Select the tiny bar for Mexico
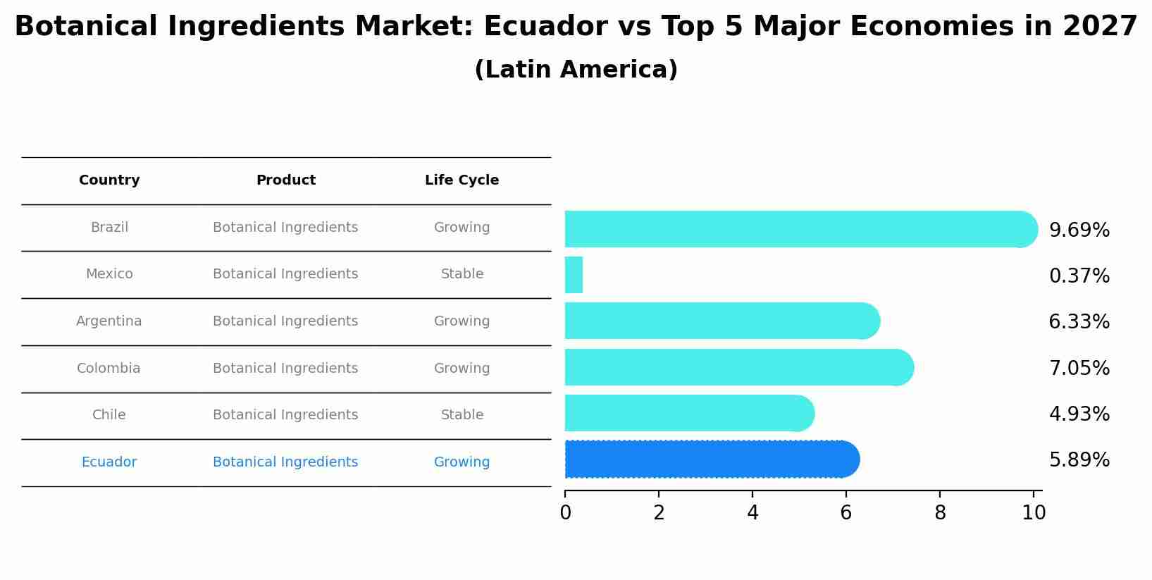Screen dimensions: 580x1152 (x=574, y=275)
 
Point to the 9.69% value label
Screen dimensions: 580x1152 (x=1079, y=230)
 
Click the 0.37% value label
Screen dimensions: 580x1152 (x=1079, y=276)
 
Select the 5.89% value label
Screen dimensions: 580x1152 (x=1079, y=460)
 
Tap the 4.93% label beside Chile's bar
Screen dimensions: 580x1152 (x=1079, y=414)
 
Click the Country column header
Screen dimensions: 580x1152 (x=109, y=180)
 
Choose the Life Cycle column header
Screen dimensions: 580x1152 (x=462, y=180)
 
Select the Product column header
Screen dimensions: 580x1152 (x=285, y=180)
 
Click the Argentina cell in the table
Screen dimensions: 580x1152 (x=109, y=321)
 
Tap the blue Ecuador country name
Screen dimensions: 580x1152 (x=109, y=462)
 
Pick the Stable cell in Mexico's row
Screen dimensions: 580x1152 (x=462, y=274)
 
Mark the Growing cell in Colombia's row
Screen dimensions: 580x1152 (x=462, y=369)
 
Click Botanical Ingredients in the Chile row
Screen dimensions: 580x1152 (x=285, y=415)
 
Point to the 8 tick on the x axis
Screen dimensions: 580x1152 (x=940, y=513)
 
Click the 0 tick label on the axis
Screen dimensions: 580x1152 (x=565, y=513)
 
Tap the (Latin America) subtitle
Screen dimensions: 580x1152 (x=576, y=70)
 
